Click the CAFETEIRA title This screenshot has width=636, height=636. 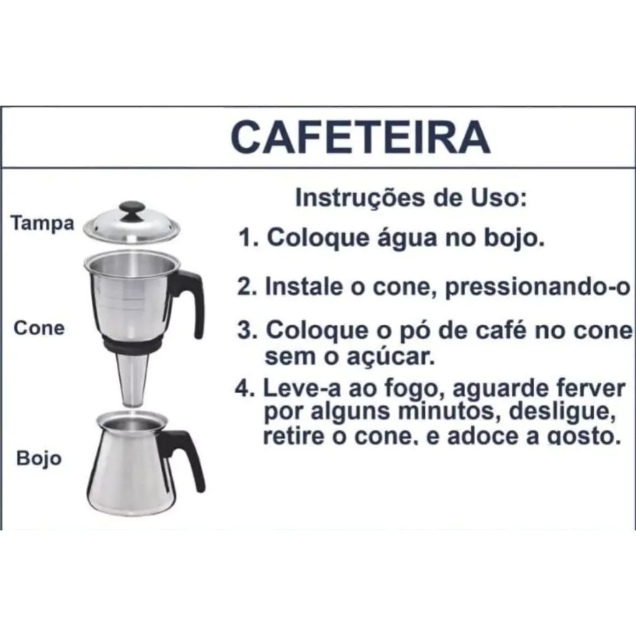[361, 137]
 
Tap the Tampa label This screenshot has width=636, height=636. [43, 224]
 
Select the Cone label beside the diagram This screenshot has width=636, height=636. [39, 328]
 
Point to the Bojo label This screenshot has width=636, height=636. [39, 458]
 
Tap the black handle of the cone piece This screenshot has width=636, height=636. [190, 301]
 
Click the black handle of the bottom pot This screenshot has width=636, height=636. [184, 458]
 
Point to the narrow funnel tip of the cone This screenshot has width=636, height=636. [132, 381]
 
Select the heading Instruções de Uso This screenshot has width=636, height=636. [411, 198]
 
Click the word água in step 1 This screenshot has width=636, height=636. [407, 238]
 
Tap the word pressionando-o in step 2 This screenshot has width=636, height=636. [538, 288]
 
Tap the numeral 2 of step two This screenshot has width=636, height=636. [245, 287]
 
